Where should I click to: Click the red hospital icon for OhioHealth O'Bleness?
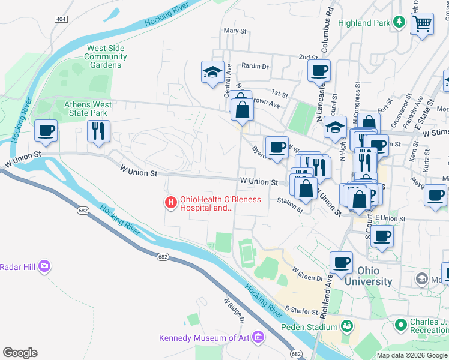[171, 203]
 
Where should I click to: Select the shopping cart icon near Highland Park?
[422, 24]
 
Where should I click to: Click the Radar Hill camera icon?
[44, 266]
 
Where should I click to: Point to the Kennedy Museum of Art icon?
[259, 338]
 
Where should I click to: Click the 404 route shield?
[61, 20]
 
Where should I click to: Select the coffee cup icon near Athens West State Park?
[46, 130]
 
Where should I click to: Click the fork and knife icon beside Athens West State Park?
[98, 130]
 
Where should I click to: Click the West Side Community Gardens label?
[106, 56]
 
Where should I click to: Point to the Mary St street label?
[235, 31]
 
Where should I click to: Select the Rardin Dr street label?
[255, 66]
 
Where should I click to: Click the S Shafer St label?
[300, 310]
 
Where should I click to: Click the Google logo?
[20, 353]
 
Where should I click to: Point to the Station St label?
[291, 205]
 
